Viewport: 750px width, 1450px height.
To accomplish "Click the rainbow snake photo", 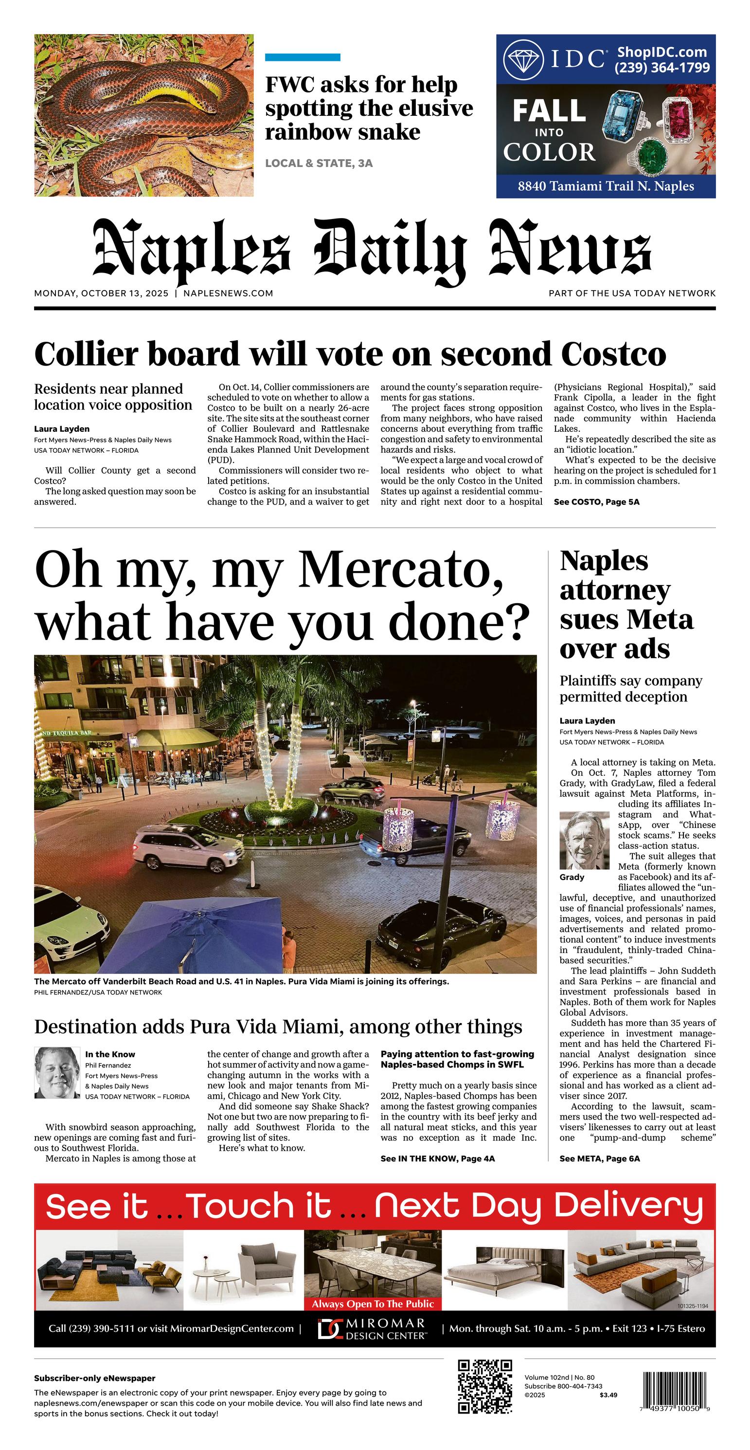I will pyautogui.click(x=143, y=115).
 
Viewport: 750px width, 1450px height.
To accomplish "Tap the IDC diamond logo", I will pyautogui.click(x=523, y=60).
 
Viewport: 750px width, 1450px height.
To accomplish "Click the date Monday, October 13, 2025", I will pyautogui.click(x=101, y=294).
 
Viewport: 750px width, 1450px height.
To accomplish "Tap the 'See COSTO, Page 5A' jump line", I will pyautogui.click(x=596, y=501).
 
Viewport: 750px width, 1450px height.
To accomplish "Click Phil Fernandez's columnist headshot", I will pyautogui.click(x=57, y=1073).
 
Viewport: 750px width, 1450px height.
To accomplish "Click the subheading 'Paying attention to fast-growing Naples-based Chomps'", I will pyautogui.click(x=457, y=1059).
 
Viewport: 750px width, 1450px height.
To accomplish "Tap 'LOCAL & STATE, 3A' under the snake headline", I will pyautogui.click(x=319, y=163).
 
